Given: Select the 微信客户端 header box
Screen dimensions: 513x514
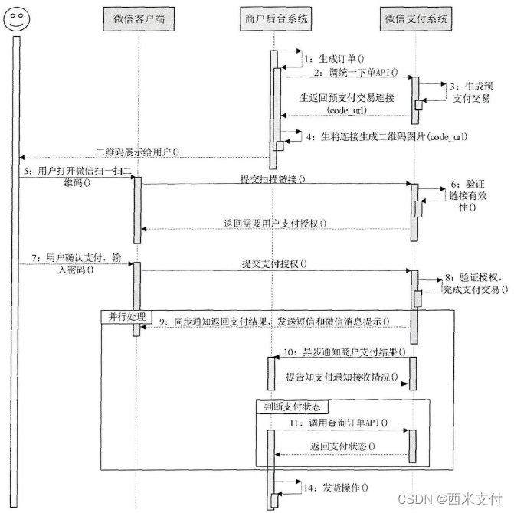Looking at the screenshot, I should point(139,18).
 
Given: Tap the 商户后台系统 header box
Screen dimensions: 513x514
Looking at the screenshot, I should point(273,18).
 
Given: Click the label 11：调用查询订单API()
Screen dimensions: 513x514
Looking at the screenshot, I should point(339,423).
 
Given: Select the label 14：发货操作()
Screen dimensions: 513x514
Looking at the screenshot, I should point(333,487).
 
